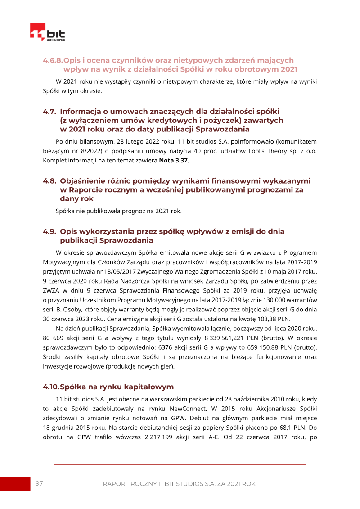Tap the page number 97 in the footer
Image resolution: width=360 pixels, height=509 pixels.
[39, 483]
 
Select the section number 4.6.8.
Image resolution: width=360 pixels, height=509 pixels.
[53, 60]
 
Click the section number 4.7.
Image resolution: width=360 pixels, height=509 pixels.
[49, 111]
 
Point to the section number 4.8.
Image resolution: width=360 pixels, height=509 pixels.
[49, 180]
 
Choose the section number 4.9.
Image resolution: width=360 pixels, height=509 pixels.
[49, 231]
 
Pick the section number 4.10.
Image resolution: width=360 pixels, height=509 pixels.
[51, 387]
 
